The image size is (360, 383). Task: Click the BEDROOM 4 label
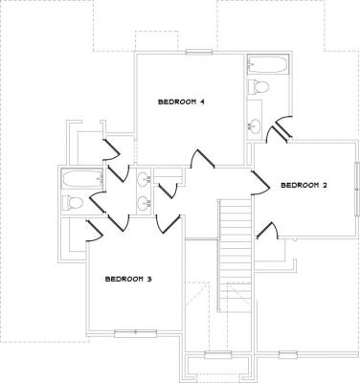[x=181, y=102]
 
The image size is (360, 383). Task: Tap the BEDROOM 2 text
[x=304, y=185]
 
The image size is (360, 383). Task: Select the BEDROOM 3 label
[x=128, y=279]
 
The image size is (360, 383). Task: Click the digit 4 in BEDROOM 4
[x=202, y=102]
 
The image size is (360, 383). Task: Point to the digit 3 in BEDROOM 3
[x=149, y=279]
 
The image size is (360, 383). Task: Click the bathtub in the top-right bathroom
[x=268, y=65]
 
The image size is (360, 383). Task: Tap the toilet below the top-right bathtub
[x=259, y=86]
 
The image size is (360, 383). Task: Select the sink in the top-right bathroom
[x=255, y=125]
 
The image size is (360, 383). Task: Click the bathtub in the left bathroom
[x=82, y=179]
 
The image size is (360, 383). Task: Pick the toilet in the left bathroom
[x=73, y=202]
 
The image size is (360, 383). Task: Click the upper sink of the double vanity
[x=144, y=179]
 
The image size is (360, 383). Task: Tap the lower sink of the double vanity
[x=144, y=202]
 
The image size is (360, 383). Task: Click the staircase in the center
[x=236, y=256]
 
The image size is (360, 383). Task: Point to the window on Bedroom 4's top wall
[x=199, y=52]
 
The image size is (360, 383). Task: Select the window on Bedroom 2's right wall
[x=357, y=189]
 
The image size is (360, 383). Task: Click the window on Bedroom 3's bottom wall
[x=135, y=333]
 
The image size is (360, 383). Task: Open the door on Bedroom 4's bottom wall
[x=202, y=159]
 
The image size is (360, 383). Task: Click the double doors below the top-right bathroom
[x=279, y=128]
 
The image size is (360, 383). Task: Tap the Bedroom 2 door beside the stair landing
[x=261, y=183]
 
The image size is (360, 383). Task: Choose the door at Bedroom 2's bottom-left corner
[x=267, y=231]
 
